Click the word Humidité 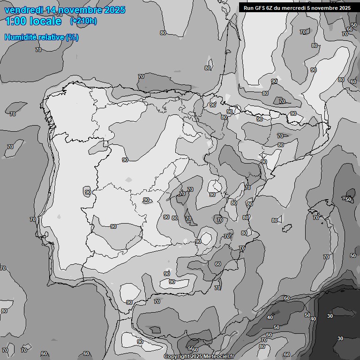(x=20, y=37)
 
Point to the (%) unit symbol (x=72, y=37)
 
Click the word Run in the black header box (x=248, y=7)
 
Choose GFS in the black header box (x=260, y=7)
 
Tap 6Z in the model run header (x=270, y=7)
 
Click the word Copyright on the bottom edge (x=176, y=357)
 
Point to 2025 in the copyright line (x=196, y=357)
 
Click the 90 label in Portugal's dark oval (x=88, y=192)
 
